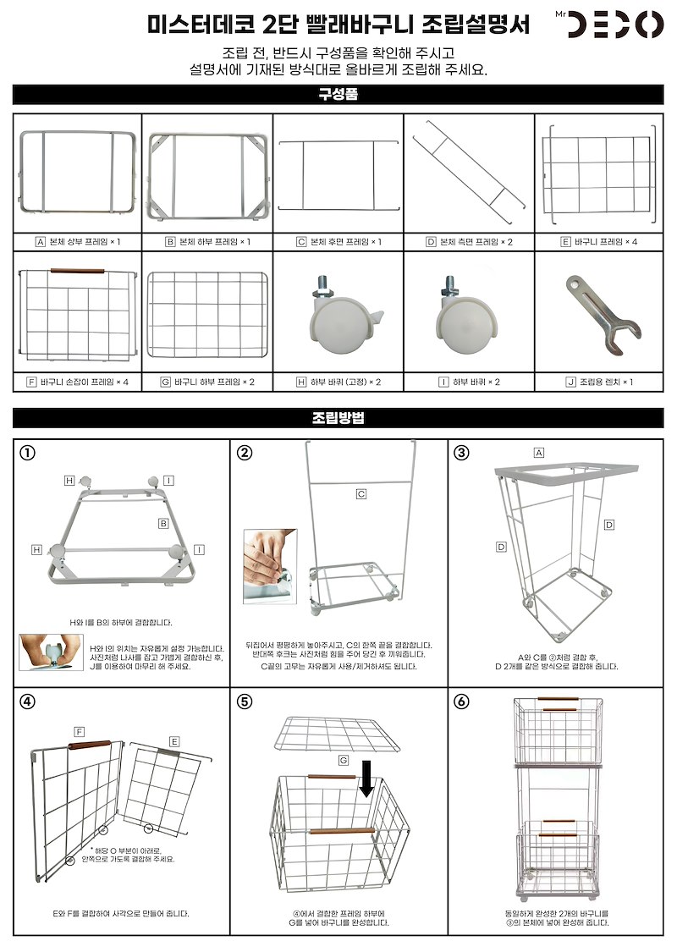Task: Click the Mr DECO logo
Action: point(615,24)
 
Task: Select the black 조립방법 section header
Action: point(338,417)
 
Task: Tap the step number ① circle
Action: point(29,452)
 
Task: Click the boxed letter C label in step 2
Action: point(361,493)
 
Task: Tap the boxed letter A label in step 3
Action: point(538,453)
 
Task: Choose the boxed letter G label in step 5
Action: point(344,761)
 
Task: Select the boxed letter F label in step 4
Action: point(79,731)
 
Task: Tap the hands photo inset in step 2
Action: point(270,566)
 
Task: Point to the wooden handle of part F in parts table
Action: point(77,271)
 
